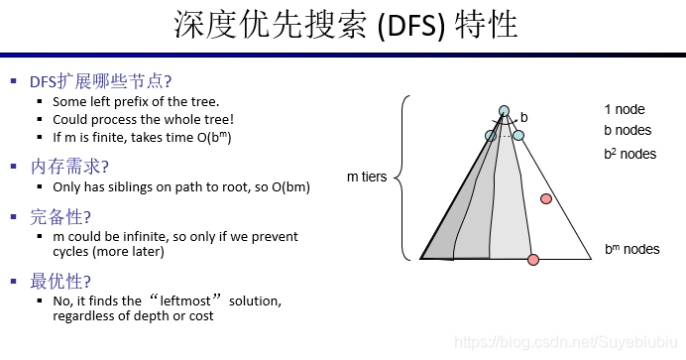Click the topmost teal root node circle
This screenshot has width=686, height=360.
click(505, 111)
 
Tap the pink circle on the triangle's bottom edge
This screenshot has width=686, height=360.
click(533, 260)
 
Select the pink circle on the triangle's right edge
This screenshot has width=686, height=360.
click(545, 199)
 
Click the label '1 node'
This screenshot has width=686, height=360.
click(625, 110)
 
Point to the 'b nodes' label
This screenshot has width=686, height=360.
click(628, 130)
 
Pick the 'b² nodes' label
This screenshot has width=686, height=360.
click(629, 154)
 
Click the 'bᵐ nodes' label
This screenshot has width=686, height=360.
click(631, 249)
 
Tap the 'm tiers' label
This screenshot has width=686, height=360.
click(367, 178)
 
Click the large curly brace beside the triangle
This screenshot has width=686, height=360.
click(400, 178)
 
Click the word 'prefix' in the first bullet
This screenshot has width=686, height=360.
click(137, 101)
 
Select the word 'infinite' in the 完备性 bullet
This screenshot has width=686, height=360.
click(146, 237)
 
